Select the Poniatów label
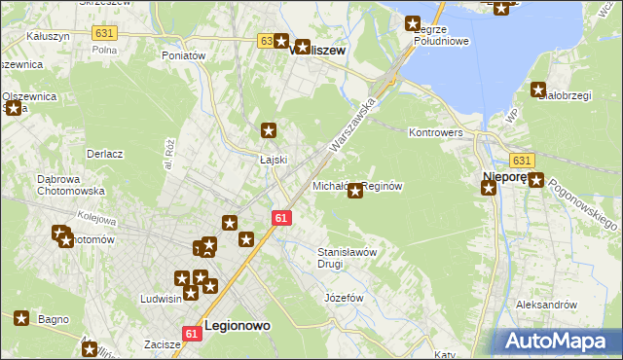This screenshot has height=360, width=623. pos(184,55)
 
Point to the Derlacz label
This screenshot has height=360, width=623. pos(104,154)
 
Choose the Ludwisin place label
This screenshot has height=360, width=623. pos(162,299)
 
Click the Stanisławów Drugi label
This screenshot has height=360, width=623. pos(348,258)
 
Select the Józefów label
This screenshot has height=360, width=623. pos(344,297)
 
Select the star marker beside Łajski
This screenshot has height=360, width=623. pos(270,130)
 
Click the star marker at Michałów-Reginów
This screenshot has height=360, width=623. pos(355,191)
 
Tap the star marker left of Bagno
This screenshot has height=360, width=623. pos(22,317)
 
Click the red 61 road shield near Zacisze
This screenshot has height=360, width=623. pos(191,334)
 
